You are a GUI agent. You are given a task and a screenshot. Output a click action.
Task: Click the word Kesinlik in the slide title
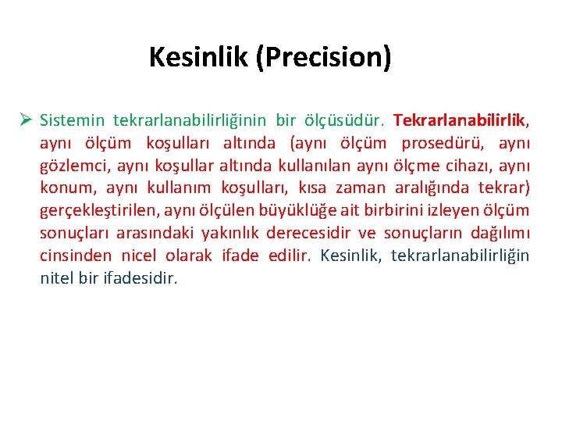pyautogui.click(x=198, y=57)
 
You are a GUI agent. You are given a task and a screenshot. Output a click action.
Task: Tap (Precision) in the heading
pyautogui.click(x=323, y=57)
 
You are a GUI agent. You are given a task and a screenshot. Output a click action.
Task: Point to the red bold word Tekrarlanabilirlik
pyautogui.click(x=461, y=121)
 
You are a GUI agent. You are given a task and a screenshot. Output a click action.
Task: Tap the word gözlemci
pyautogui.click(x=73, y=166)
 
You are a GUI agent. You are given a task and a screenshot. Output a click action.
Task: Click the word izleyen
pyautogui.click(x=454, y=211)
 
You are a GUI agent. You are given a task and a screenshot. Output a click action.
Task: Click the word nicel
pyautogui.click(x=139, y=256)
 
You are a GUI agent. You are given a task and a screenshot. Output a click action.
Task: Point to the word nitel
pyautogui.click(x=57, y=278)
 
